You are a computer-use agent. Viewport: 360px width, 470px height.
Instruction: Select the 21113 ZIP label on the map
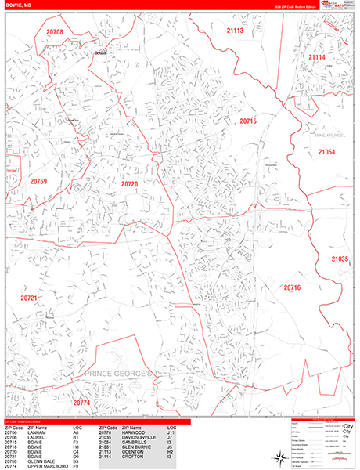coord(235,31)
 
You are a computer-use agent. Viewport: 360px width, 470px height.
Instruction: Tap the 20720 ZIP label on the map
coord(129,183)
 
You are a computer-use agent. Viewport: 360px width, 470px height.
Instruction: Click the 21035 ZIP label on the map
coord(338,258)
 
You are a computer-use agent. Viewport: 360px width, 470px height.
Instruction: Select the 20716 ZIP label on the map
coord(292,287)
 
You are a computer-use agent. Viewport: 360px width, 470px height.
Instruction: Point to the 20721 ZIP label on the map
coord(29,298)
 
